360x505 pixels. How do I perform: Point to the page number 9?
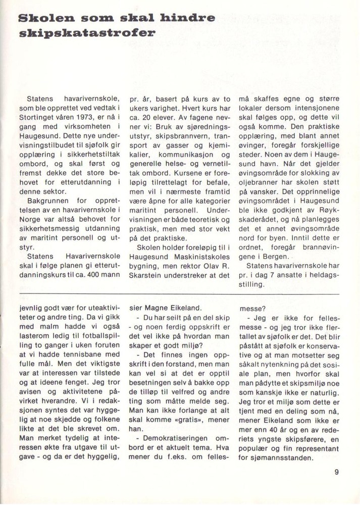[x=336, y=473]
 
